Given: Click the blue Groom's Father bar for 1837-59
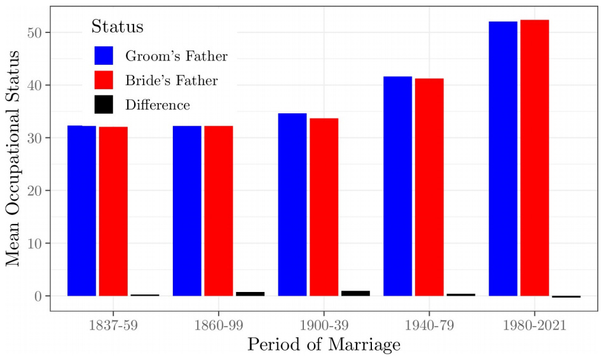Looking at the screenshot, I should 81,211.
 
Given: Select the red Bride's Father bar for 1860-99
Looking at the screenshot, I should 218,211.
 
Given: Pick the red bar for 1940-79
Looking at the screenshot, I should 429,187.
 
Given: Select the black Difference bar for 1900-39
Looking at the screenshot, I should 355,293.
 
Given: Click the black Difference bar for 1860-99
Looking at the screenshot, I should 250,294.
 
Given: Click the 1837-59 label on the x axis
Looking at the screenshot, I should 113,325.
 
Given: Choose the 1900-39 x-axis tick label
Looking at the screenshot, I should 324,325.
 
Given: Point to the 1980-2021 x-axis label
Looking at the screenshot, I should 534,325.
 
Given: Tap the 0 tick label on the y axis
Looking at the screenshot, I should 39,296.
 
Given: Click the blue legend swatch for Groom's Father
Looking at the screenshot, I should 104,55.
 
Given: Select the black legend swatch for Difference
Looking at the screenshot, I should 104,104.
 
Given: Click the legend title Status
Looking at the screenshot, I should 117,27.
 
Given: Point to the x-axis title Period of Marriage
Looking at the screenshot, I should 324,345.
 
